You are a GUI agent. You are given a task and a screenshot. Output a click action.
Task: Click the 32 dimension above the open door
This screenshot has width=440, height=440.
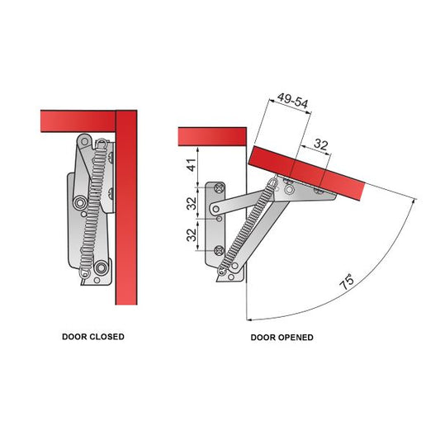pos(322,144)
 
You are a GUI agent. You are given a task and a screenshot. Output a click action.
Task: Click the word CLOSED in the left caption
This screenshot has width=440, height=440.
pos(106,337)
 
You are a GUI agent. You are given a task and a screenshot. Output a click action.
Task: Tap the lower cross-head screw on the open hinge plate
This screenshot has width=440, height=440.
pos(216,248)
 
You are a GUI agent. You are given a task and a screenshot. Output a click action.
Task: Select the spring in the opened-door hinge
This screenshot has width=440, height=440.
pos(247,227)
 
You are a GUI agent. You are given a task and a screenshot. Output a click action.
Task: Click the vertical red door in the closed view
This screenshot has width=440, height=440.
pos(126,206)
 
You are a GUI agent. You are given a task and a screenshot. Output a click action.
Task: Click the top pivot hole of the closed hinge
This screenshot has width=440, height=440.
pos(83,143)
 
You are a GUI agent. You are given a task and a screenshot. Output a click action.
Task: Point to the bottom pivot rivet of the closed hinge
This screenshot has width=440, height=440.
pos(101,266)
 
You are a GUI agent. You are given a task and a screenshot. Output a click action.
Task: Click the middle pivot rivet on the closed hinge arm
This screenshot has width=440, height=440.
pos(79,201)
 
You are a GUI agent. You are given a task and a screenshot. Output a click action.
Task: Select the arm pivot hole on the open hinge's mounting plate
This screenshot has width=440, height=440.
pos(216,219)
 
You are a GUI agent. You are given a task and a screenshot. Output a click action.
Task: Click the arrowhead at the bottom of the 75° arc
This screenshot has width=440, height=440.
pos(248,319)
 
